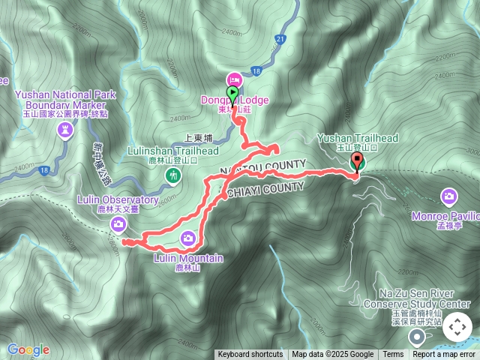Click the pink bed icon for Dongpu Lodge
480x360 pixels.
pos(234,79)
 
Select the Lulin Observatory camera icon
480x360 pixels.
pos(118,224)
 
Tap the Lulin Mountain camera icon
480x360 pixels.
pos(188,238)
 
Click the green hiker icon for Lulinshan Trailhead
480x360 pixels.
pos(173,175)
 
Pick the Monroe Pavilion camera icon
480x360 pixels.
pos(449,197)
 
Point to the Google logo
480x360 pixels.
pos(28,349)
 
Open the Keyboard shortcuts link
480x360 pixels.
pos(250,355)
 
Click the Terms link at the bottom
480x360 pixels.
pos(393,355)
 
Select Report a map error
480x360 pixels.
pos(444,355)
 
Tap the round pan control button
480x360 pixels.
pos(457,327)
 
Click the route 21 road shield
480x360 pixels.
pos(280,38)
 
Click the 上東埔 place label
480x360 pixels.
pos(199,139)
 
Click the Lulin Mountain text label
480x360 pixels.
pos(188,258)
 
